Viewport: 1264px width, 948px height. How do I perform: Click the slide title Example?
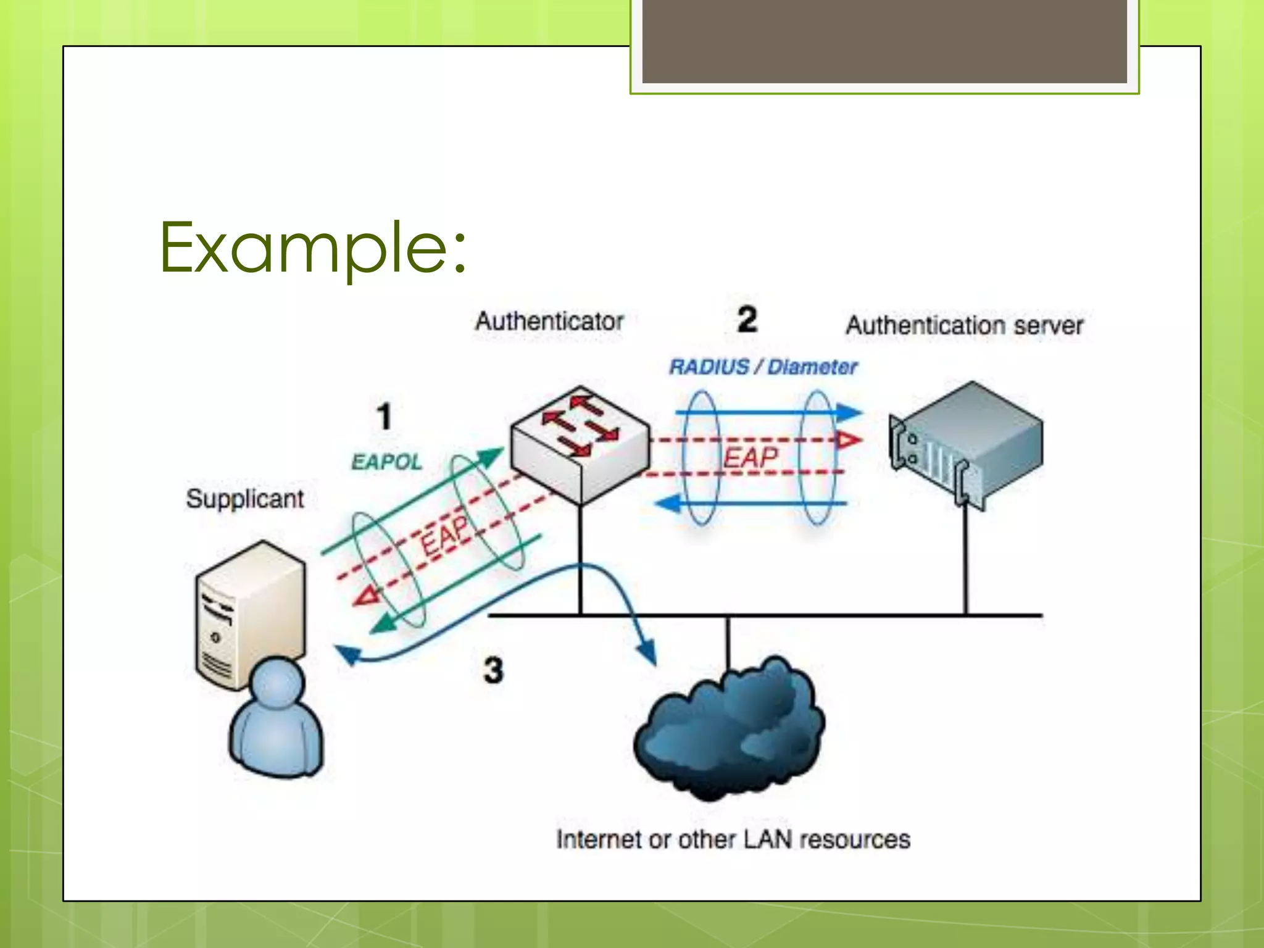[314, 248]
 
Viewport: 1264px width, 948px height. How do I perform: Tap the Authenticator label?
[549, 322]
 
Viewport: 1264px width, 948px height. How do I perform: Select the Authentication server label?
[964, 325]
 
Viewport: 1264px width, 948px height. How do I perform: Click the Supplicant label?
[245, 499]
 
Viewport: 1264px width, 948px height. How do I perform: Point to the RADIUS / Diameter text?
[763, 367]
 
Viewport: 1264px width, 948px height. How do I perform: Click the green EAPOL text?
[386, 462]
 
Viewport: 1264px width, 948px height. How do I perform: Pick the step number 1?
[384, 416]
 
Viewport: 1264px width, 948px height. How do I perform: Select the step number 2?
[747, 320]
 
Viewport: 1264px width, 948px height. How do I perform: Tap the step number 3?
[493, 670]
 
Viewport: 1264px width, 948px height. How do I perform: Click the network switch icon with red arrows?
[580, 443]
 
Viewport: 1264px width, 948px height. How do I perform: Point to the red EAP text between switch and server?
[750, 457]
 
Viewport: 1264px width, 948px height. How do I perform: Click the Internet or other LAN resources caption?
[733, 839]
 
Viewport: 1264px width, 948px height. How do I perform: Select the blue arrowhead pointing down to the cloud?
[647, 654]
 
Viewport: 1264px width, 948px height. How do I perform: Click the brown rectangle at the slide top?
[884, 41]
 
